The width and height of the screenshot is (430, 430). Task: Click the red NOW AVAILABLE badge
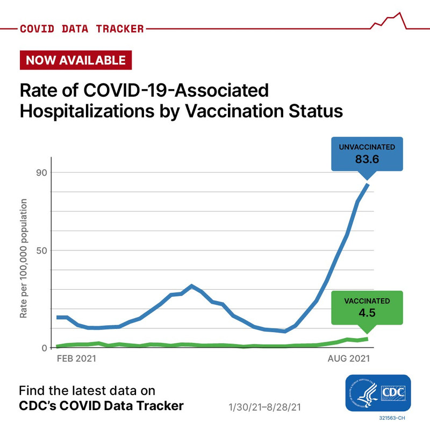75,60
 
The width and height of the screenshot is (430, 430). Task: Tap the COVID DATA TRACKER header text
82,28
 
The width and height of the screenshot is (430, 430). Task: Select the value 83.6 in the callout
367,159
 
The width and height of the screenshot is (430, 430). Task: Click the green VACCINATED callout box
367,307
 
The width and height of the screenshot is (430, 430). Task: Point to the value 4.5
367,313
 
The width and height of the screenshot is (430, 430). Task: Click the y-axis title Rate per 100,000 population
24,258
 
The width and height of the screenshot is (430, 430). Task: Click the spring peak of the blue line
192,286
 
